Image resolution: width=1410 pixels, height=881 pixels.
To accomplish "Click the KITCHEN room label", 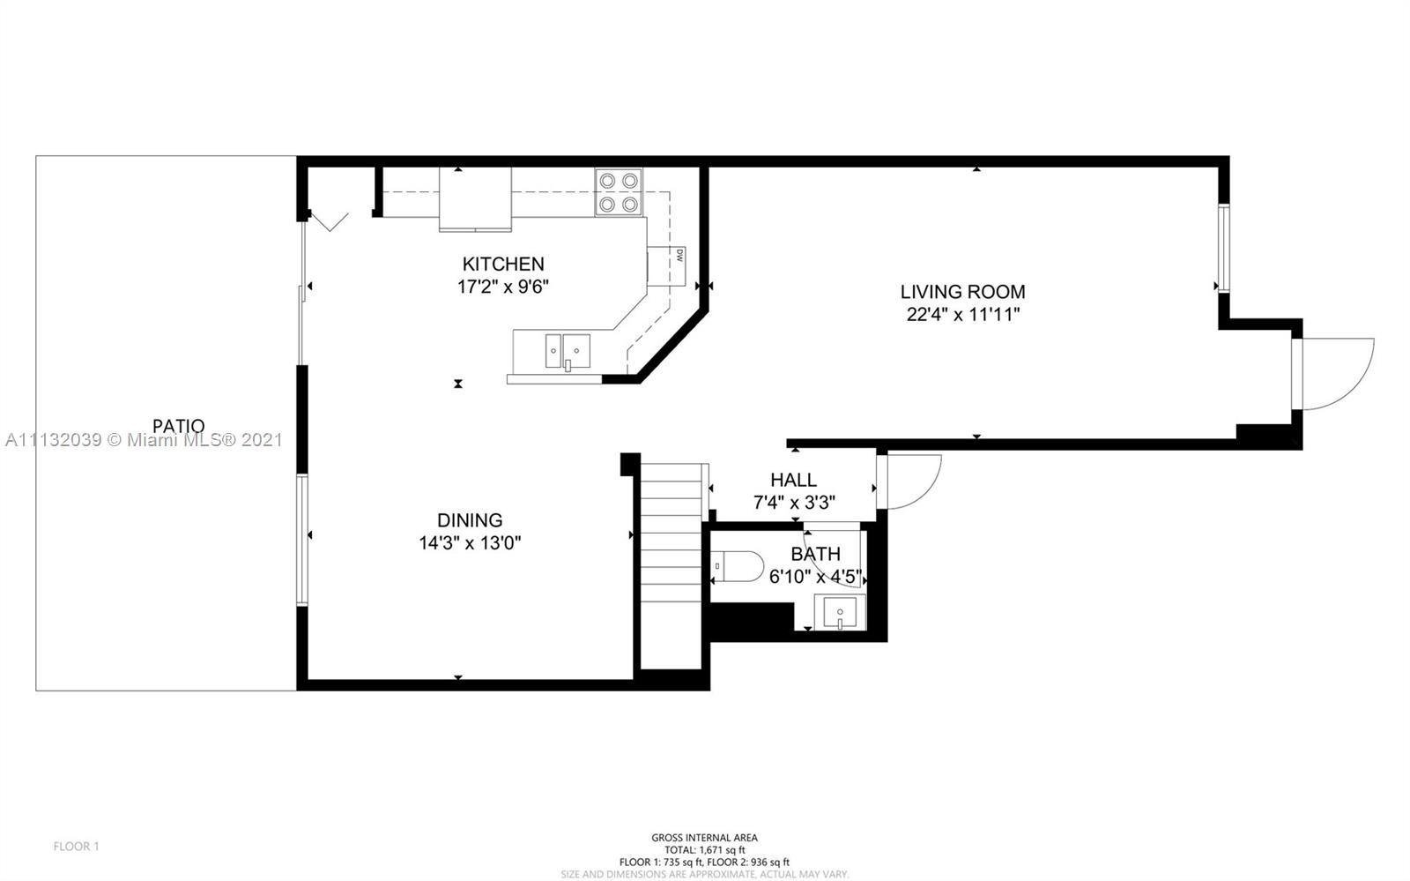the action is coord(503,264).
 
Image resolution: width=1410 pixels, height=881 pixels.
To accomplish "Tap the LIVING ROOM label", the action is coord(962,292).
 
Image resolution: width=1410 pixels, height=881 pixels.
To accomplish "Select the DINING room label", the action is coord(470,520).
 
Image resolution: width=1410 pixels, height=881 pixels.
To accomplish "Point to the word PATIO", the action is coord(179,426).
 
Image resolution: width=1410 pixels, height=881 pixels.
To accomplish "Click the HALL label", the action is coord(794,480).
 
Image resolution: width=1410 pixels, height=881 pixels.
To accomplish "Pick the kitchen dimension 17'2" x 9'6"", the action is coord(503,287).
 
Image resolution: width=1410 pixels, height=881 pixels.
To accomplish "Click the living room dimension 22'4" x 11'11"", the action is coord(962,314).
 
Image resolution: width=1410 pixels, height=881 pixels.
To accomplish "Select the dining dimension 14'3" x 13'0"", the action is coord(470,543).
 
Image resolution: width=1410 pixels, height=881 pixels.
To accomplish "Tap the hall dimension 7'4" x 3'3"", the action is coord(794,503).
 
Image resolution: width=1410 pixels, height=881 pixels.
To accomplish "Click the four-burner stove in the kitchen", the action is coord(618,192).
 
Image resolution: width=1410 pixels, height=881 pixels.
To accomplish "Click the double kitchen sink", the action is coord(568,351).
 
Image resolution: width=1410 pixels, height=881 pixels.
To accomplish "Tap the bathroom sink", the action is coord(840,611).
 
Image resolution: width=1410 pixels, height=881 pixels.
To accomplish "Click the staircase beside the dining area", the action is coord(671,566).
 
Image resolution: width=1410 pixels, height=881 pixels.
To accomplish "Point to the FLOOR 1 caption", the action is coord(76,847).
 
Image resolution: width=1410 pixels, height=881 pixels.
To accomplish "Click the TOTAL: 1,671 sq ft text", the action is coord(704,850).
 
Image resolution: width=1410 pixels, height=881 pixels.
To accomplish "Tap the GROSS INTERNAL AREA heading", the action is coord(704,838).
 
